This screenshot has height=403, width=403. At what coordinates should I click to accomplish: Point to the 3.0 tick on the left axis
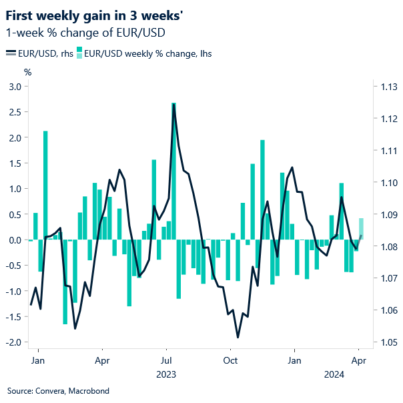[14, 87]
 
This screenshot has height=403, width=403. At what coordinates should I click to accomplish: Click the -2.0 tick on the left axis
[13, 342]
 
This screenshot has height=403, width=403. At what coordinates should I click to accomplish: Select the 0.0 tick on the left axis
[14, 240]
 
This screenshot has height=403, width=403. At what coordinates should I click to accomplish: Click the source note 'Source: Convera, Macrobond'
[58, 390]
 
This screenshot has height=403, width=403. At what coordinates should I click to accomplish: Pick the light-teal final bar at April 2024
[361, 228]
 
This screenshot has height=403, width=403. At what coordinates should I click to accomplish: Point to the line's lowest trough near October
[237, 336]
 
